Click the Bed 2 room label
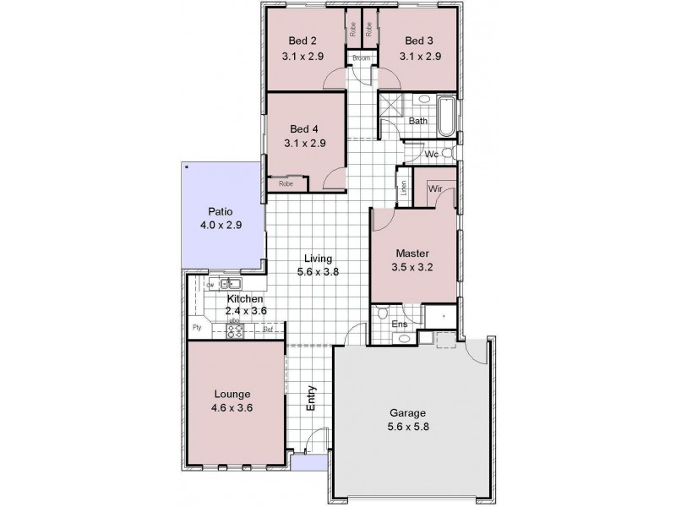[303, 41]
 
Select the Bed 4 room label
[303, 128]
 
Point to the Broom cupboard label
[362, 58]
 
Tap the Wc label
[430, 155]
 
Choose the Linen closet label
[404, 187]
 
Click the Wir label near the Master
[436, 189]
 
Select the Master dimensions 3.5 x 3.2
[413, 269]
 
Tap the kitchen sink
[231, 284]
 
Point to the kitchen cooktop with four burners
[235, 330]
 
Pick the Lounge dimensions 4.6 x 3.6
[234, 408]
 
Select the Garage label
[407, 413]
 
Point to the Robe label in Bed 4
[286, 183]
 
